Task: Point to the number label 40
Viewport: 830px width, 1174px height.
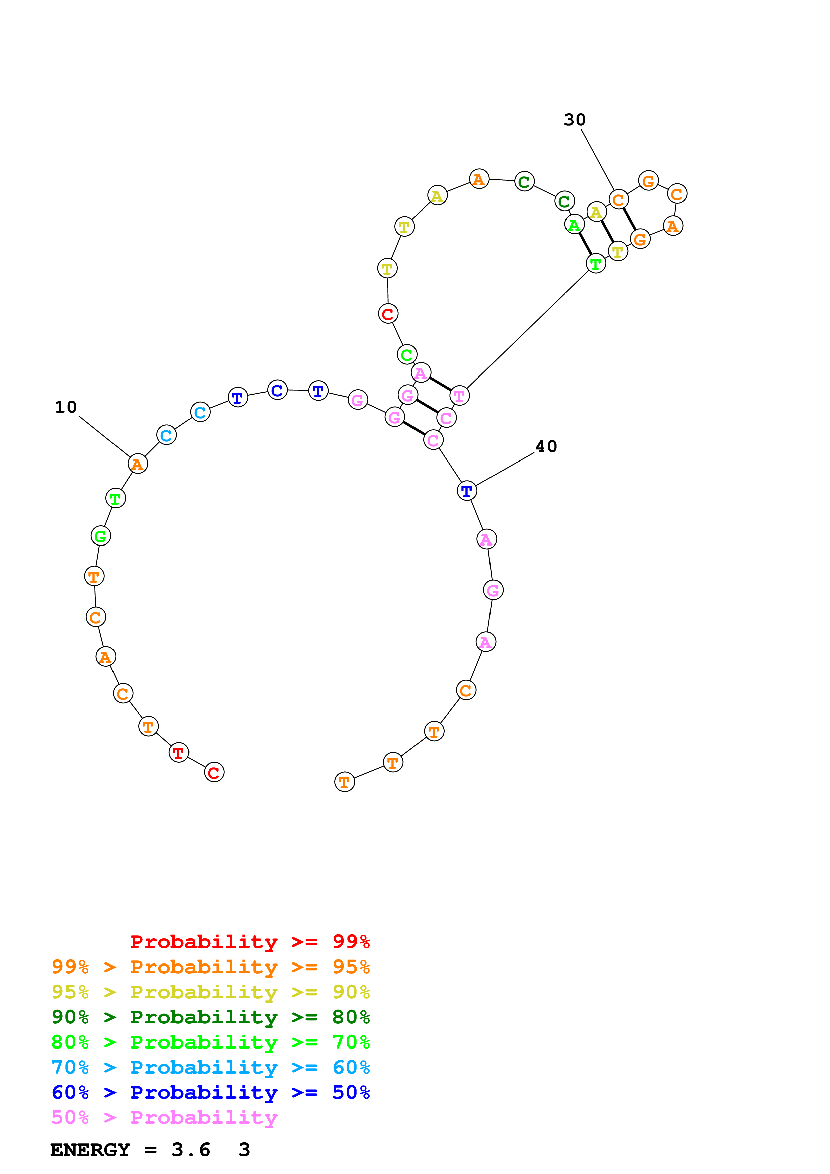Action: (x=546, y=446)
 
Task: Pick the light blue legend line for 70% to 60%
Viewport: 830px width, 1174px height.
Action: (x=210, y=1067)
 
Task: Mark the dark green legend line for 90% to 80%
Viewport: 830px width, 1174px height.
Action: (x=210, y=1017)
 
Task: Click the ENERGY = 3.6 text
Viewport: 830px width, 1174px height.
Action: (x=130, y=1150)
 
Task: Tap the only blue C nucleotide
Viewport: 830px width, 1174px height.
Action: (x=277, y=390)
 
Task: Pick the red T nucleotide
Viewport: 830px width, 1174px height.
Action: (x=178, y=752)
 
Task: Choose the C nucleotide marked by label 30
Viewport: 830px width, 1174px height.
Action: (x=618, y=199)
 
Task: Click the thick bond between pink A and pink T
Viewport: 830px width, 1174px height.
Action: (x=440, y=384)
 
